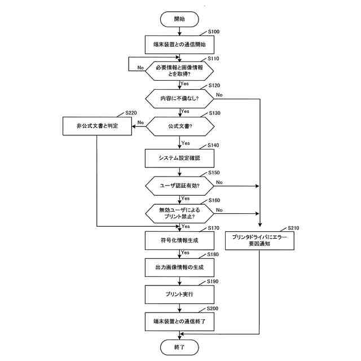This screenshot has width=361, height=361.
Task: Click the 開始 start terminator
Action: tap(180, 19)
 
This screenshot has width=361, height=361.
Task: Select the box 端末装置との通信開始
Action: tap(179, 45)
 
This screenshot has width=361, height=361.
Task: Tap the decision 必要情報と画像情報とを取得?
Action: tap(179, 71)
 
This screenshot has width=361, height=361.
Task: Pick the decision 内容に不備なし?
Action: tap(179, 98)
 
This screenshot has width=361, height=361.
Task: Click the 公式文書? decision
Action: tap(179, 127)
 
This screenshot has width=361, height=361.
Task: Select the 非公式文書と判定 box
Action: tap(96, 126)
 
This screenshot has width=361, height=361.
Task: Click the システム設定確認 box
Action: tap(179, 158)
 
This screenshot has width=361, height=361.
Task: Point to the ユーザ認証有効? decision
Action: tap(179, 185)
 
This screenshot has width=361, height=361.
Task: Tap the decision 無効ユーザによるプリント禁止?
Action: tap(179, 213)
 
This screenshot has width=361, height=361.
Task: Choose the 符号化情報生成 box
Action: tap(179, 240)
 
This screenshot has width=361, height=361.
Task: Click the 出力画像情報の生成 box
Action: tap(179, 267)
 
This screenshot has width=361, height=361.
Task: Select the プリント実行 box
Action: tap(179, 294)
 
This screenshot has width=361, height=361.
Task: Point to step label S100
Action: tap(214, 33)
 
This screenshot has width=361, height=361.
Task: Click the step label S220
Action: tap(130, 113)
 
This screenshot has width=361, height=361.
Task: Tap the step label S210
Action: tap(293, 228)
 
